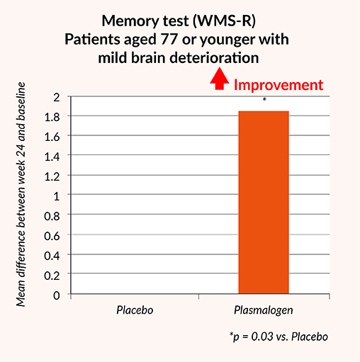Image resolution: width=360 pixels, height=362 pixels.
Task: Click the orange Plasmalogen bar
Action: pos(264,203)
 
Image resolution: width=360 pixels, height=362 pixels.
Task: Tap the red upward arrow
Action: pos(220,79)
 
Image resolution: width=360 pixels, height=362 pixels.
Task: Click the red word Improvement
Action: pos(279,85)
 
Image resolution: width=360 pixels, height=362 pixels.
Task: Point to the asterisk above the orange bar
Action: pos(264,99)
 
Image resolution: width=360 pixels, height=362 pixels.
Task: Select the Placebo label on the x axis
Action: pos(135,310)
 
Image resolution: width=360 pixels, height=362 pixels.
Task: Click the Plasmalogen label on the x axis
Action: pos(264,310)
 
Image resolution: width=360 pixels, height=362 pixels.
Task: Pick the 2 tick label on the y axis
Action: pos(57,97)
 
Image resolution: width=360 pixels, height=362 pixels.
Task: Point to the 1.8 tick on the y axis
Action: pos(52,117)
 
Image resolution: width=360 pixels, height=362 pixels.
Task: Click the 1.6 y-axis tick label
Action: pos(52,137)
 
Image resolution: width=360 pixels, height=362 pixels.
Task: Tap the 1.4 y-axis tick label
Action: pos(52,157)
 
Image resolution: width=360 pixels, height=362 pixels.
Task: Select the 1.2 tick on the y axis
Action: pos(52,176)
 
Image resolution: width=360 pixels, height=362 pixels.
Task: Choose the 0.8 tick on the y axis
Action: pos(52,216)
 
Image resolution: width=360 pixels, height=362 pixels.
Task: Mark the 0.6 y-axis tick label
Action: pos(52,236)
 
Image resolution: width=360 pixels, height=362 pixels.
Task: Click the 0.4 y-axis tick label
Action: pos(52,256)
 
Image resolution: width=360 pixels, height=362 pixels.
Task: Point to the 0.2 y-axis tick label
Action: pos(52,276)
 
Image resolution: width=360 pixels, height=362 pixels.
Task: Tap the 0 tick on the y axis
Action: pos(57,295)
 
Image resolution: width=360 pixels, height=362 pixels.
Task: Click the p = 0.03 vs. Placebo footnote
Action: pos(279,336)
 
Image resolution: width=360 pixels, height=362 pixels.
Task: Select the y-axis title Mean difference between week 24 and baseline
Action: pos(21,194)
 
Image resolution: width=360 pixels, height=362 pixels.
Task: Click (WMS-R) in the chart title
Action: pos(224,21)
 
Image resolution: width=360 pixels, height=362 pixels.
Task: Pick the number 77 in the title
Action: pos(169,39)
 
